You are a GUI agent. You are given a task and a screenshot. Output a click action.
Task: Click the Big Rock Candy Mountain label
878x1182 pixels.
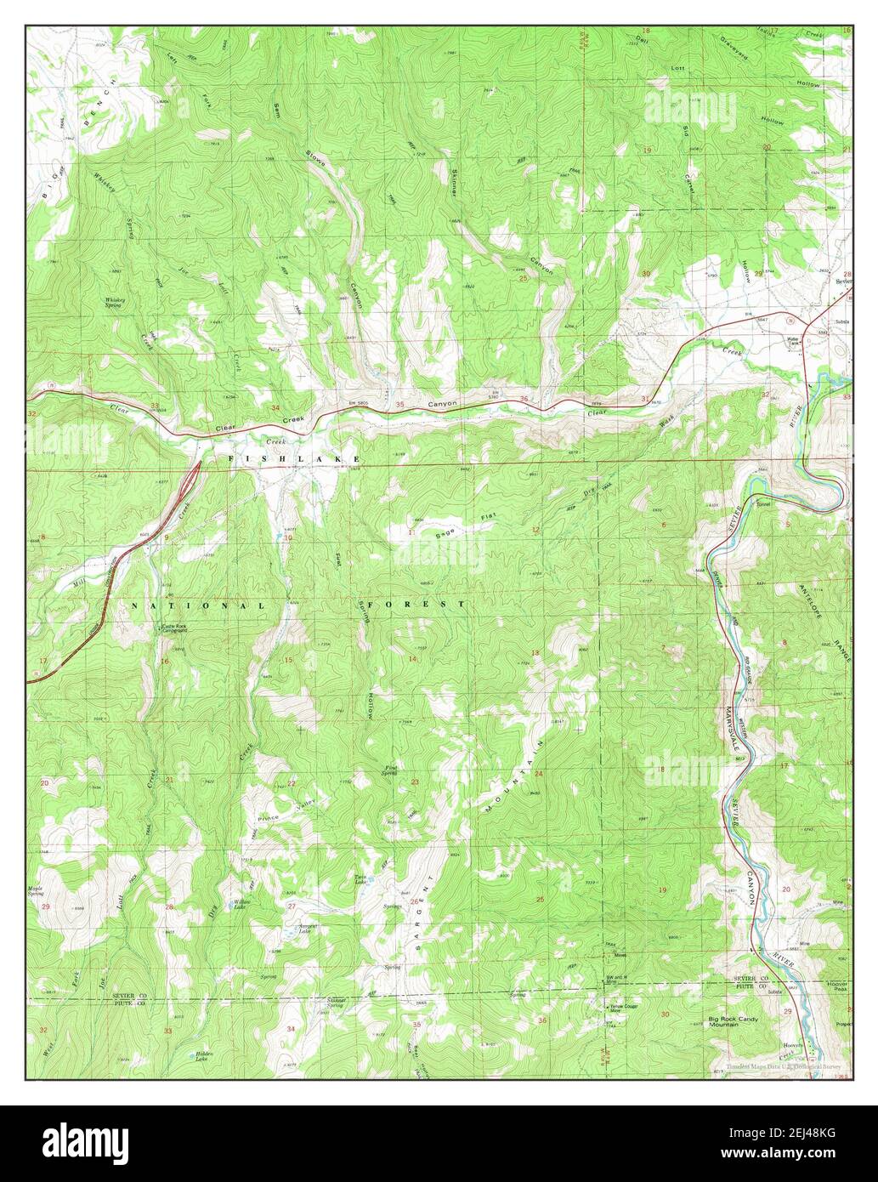pos(732,1020)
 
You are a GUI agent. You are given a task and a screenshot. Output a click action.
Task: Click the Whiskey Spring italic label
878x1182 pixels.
pos(116,302)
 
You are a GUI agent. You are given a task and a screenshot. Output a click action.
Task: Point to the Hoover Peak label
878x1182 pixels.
pos(837,986)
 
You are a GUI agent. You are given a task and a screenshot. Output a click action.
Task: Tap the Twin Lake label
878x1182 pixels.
pos(360,879)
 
